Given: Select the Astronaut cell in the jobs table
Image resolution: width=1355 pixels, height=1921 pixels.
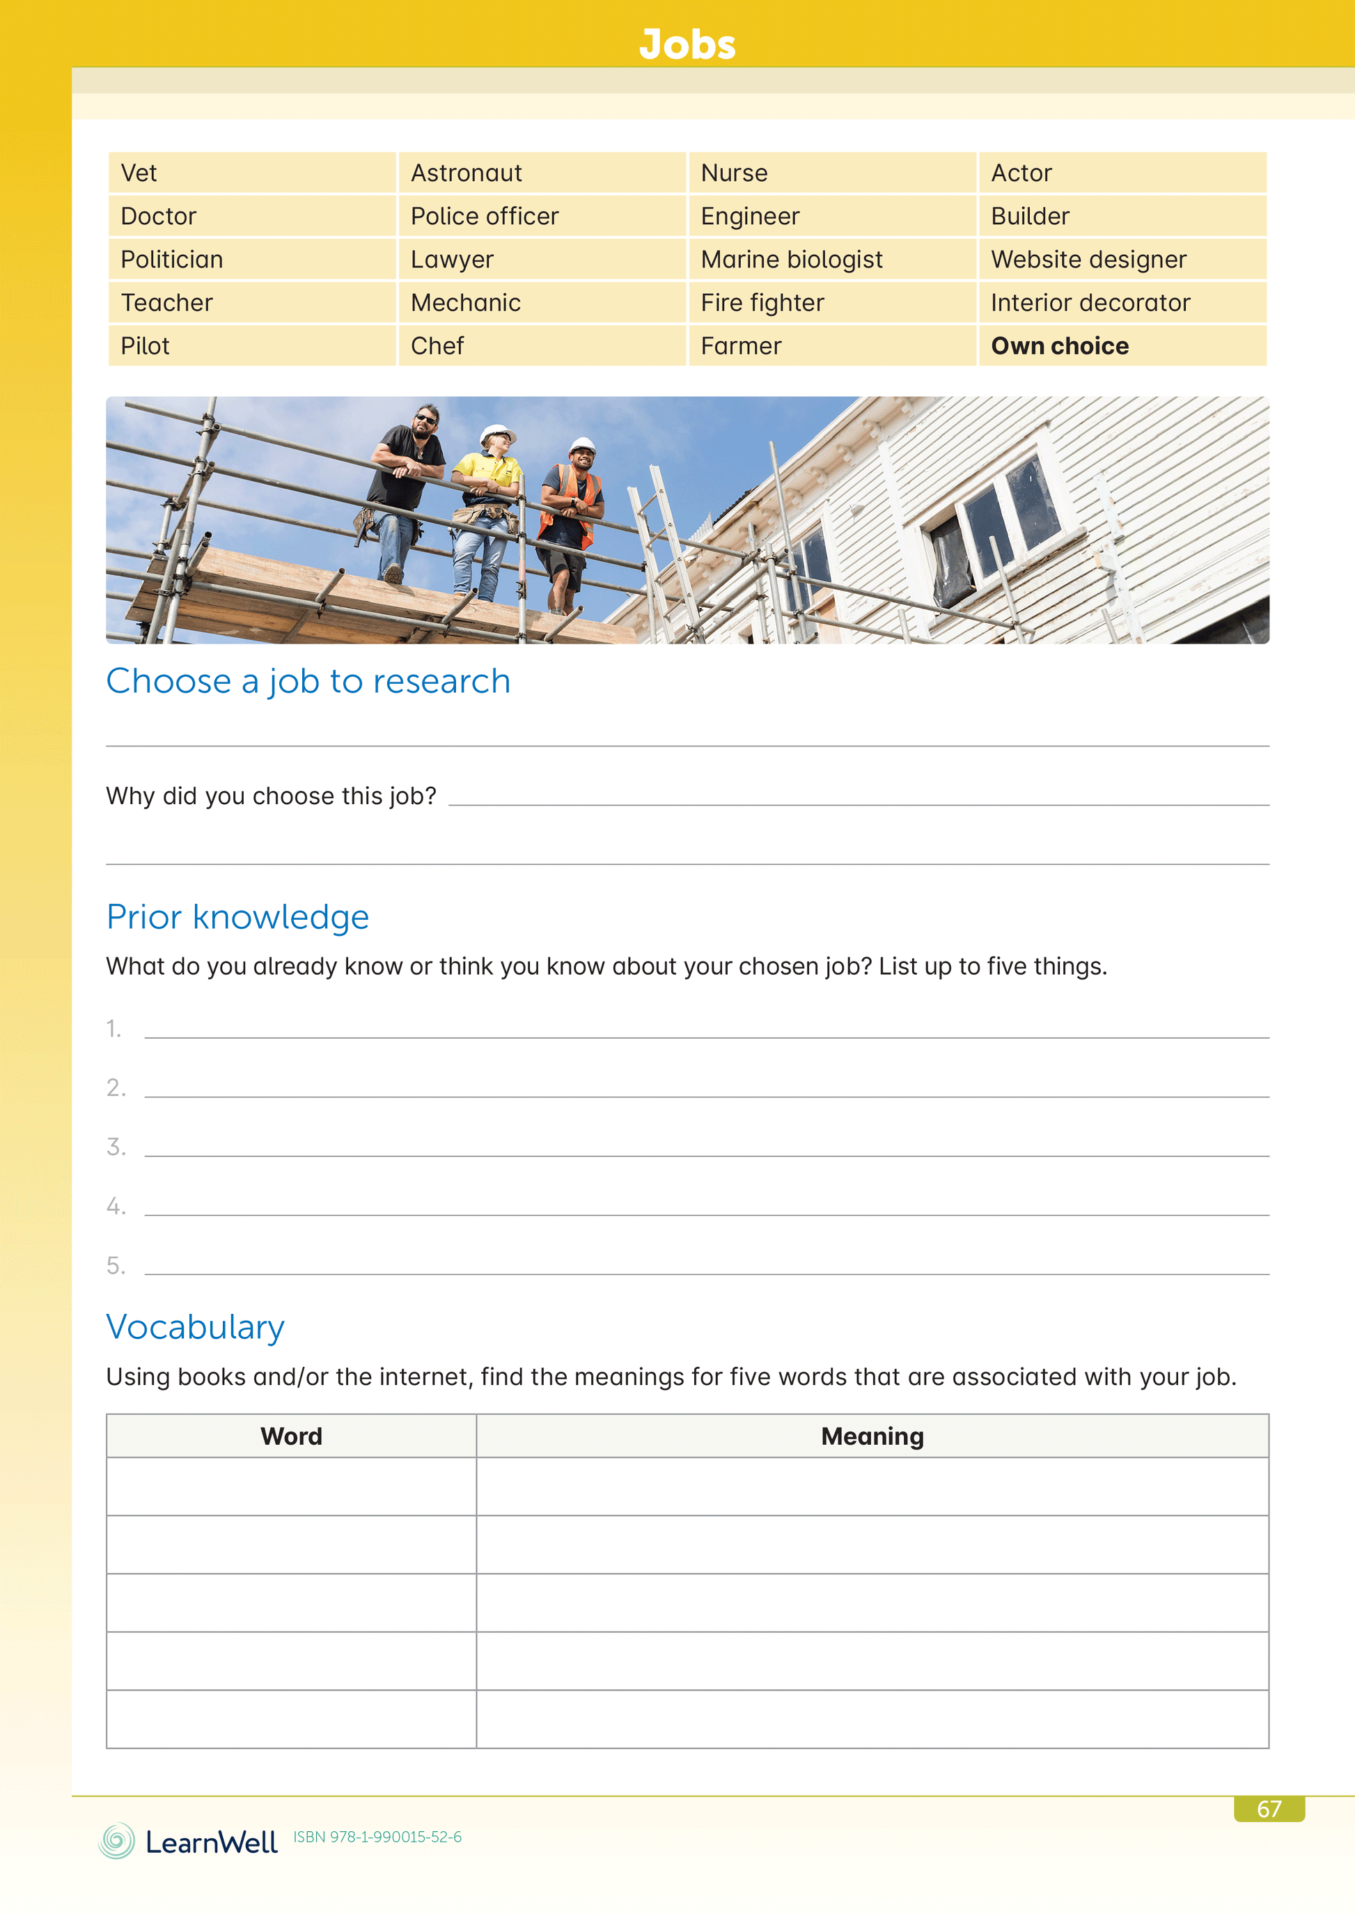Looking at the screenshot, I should pos(467,173).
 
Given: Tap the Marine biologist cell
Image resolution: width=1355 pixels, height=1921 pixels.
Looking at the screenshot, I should pos(791,260).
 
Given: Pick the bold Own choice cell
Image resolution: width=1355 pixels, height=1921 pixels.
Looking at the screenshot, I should pos(1059,345).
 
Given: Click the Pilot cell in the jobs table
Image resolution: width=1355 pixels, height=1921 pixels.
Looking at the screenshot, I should pos(145,345).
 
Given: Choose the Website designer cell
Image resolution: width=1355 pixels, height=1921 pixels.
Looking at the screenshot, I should pos(1088,260).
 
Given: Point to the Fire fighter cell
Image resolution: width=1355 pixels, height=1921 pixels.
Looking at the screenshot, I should pos(762,303).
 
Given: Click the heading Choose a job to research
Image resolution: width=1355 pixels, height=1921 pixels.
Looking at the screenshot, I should pos(308,681).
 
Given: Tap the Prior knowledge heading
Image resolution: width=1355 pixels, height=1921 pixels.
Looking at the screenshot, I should pos(237,917).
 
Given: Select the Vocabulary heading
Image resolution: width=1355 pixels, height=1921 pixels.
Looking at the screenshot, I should pos(195,1327).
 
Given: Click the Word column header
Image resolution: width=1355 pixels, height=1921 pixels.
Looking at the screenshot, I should pos(291,1436).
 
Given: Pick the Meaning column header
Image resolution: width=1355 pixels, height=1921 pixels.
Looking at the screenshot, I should pos(872,1436).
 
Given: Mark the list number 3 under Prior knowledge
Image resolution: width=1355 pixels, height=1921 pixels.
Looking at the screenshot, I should pos(116,1147).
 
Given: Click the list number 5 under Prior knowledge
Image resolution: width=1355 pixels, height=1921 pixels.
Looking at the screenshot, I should pos(116,1266).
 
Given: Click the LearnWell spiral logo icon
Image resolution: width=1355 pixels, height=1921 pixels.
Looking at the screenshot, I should pos(116,1841).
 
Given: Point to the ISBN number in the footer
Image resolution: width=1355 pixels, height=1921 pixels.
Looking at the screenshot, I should pos(377,1837).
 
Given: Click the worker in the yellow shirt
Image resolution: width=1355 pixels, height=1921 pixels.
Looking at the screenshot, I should pos(488,510).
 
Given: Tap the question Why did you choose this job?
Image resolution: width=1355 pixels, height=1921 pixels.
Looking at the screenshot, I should pos(271,796).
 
